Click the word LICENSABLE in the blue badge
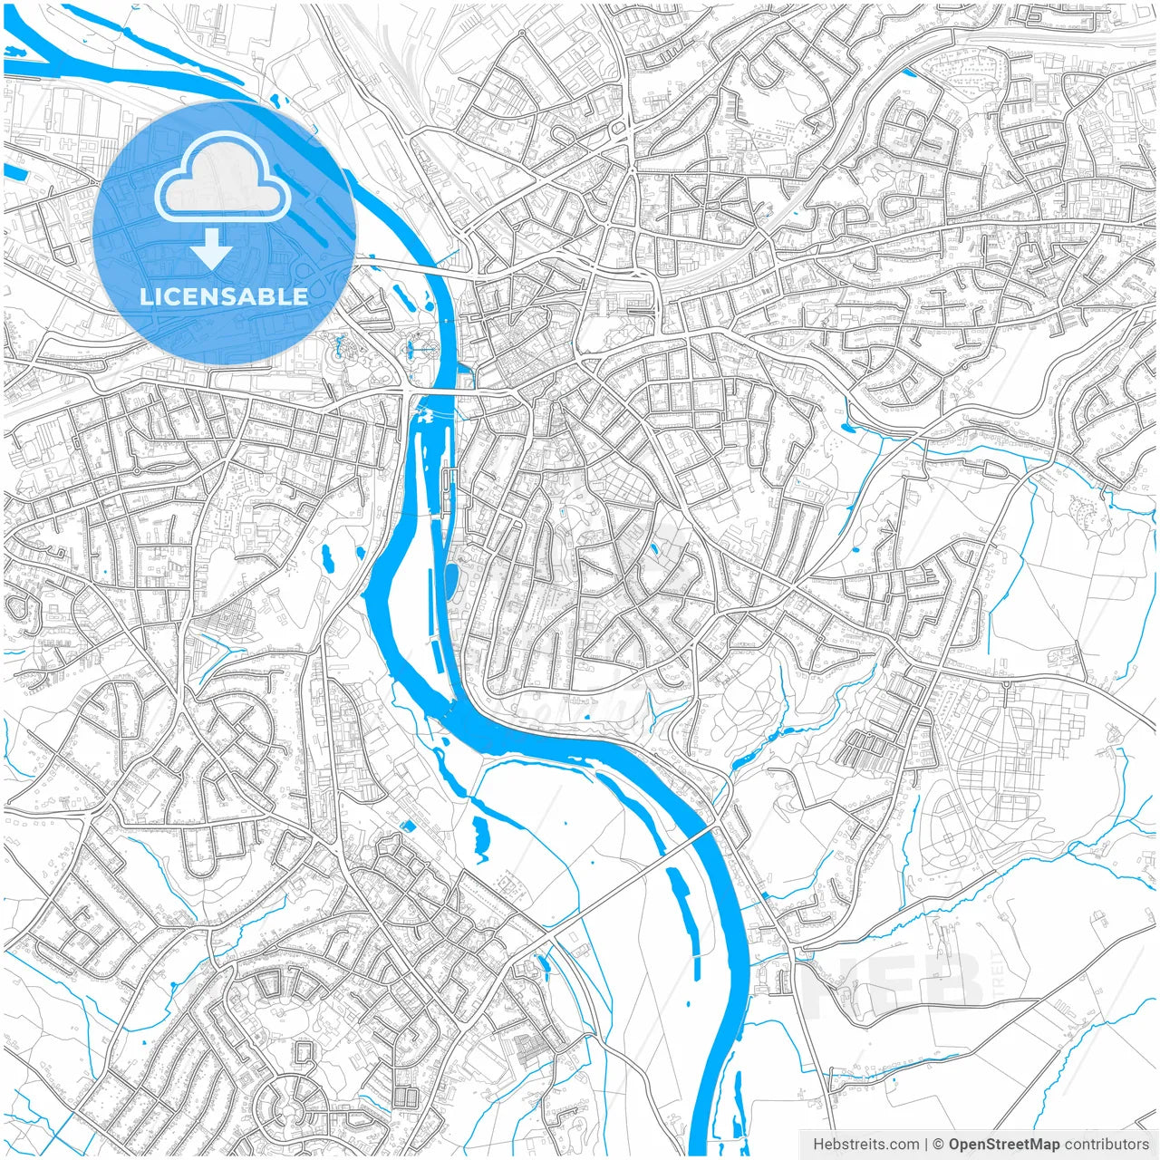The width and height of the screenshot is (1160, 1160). point(223,296)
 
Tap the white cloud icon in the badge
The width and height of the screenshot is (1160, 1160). point(222,177)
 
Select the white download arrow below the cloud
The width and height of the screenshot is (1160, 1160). point(212,247)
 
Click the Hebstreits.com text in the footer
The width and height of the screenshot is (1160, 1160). point(865,1145)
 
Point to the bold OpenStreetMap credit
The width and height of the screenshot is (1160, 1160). point(1003,1145)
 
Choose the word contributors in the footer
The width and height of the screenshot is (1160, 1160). point(1107,1145)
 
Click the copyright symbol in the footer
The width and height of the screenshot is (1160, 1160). point(939,1145)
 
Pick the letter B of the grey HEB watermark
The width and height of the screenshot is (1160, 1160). point(952,983)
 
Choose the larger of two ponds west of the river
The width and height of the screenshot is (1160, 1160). point(328,559)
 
